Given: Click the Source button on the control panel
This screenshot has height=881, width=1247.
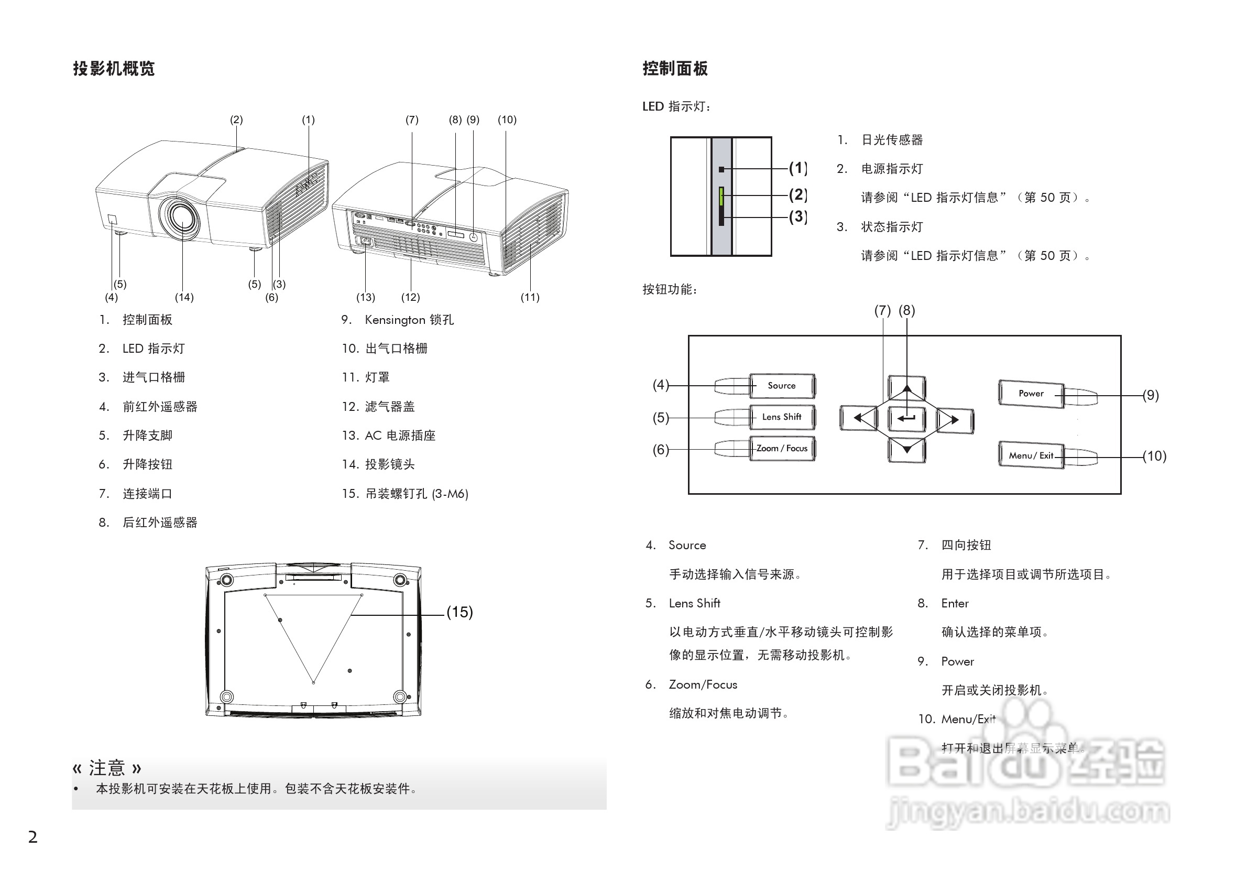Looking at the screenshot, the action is click(782, 386).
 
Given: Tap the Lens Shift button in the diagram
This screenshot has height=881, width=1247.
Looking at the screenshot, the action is click(782, 417).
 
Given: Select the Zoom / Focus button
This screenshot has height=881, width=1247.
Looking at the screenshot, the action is click(782, 449).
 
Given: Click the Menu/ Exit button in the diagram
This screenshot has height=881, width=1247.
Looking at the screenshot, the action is click(1030, 455).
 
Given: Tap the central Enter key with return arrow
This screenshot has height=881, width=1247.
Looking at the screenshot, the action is click(906, 418).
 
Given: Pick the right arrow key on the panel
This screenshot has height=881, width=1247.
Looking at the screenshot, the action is click(955, 420).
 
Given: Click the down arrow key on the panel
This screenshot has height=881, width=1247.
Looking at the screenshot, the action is click(906, 450).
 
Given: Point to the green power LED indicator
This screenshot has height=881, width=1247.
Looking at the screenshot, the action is click(721, 197).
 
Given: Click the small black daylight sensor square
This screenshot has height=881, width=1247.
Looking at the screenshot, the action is click(721, 169).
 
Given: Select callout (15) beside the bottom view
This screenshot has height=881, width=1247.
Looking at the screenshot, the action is click(460, 612).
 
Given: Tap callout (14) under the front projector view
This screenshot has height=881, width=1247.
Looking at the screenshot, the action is click(184, 297).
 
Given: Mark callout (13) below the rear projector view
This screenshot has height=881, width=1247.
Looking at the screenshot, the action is click(366, 297).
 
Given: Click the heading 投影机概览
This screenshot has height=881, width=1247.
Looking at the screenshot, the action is click(114, 69).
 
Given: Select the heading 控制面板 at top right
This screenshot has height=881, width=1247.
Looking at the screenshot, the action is click(675, 69).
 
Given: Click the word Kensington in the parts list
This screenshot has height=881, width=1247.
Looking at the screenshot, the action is click(395, 320).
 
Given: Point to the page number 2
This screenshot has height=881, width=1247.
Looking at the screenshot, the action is click(33, 837).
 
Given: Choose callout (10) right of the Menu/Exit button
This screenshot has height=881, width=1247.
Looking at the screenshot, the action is click(1154, 456).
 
